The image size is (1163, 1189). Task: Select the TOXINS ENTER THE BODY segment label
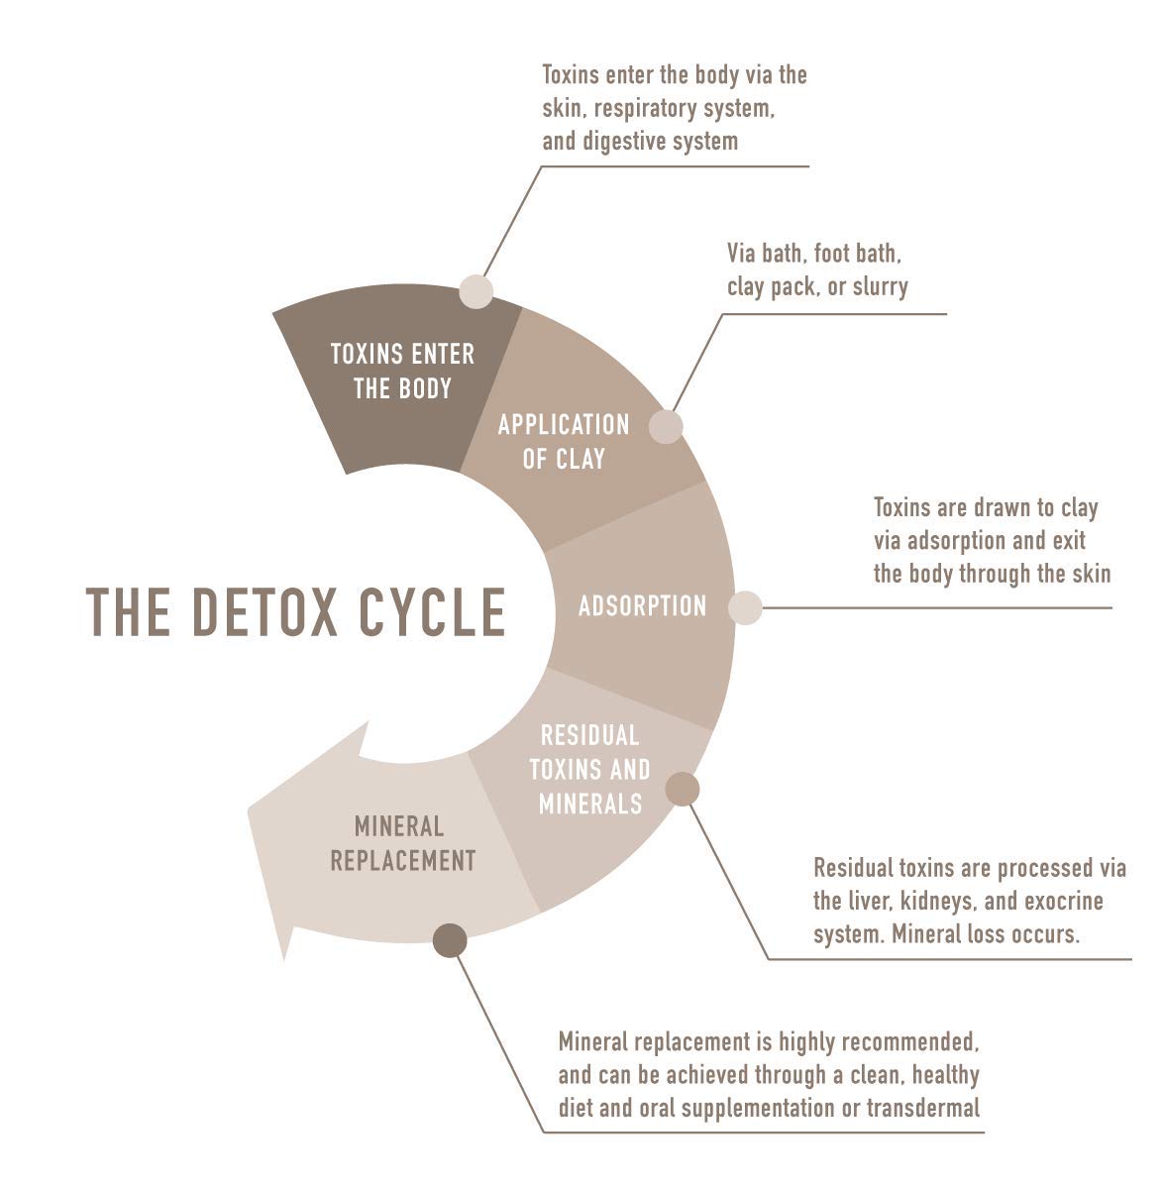[x=402, y=371]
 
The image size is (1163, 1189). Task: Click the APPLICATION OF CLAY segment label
[x=564, y=442]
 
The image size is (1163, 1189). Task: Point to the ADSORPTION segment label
[x=642, y=605]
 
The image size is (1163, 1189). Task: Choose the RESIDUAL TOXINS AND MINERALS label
[x=590, y=769]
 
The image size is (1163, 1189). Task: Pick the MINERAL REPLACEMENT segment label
[x=402, y=843]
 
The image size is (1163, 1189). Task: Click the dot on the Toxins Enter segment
[x=476, y=291]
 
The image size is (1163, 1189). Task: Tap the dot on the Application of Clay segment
[x=666, y=427]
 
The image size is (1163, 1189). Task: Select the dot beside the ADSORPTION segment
[x=745, y=607]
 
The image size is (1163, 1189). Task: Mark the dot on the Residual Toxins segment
[x=683, y=789]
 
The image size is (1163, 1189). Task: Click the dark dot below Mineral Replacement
[x=450, y=940]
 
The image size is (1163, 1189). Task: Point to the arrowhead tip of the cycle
[x=285, y=959]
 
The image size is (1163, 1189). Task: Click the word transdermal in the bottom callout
[x=922, y=1107]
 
